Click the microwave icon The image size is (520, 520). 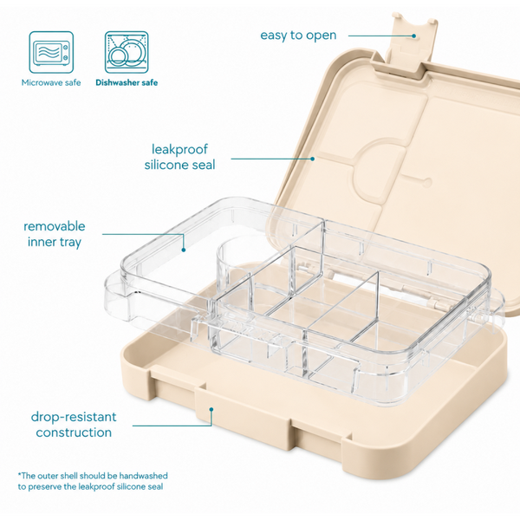point(51,52)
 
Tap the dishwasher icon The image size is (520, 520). point(127,52)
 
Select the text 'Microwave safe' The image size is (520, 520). point(51,82)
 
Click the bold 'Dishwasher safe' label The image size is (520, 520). point(127,82)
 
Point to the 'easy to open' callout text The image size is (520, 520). point(298,36)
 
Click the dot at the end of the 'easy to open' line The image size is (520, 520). point(414,36)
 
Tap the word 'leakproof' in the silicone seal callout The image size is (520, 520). point(179,149)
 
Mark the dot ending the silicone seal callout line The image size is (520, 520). point(312,159)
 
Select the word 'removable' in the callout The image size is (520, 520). point(55,226)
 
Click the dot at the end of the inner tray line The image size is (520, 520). point(184,250)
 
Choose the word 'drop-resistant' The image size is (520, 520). point(74,417)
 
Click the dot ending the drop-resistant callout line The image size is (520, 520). point(211,410)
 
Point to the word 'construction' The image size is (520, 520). point(74,432)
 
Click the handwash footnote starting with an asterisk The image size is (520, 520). point(93,481)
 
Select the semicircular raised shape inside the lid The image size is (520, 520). point(379,172)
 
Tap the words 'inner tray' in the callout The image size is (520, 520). point(55,242)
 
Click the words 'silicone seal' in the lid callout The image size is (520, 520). point(179,165)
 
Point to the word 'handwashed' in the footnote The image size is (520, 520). point(144,476)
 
